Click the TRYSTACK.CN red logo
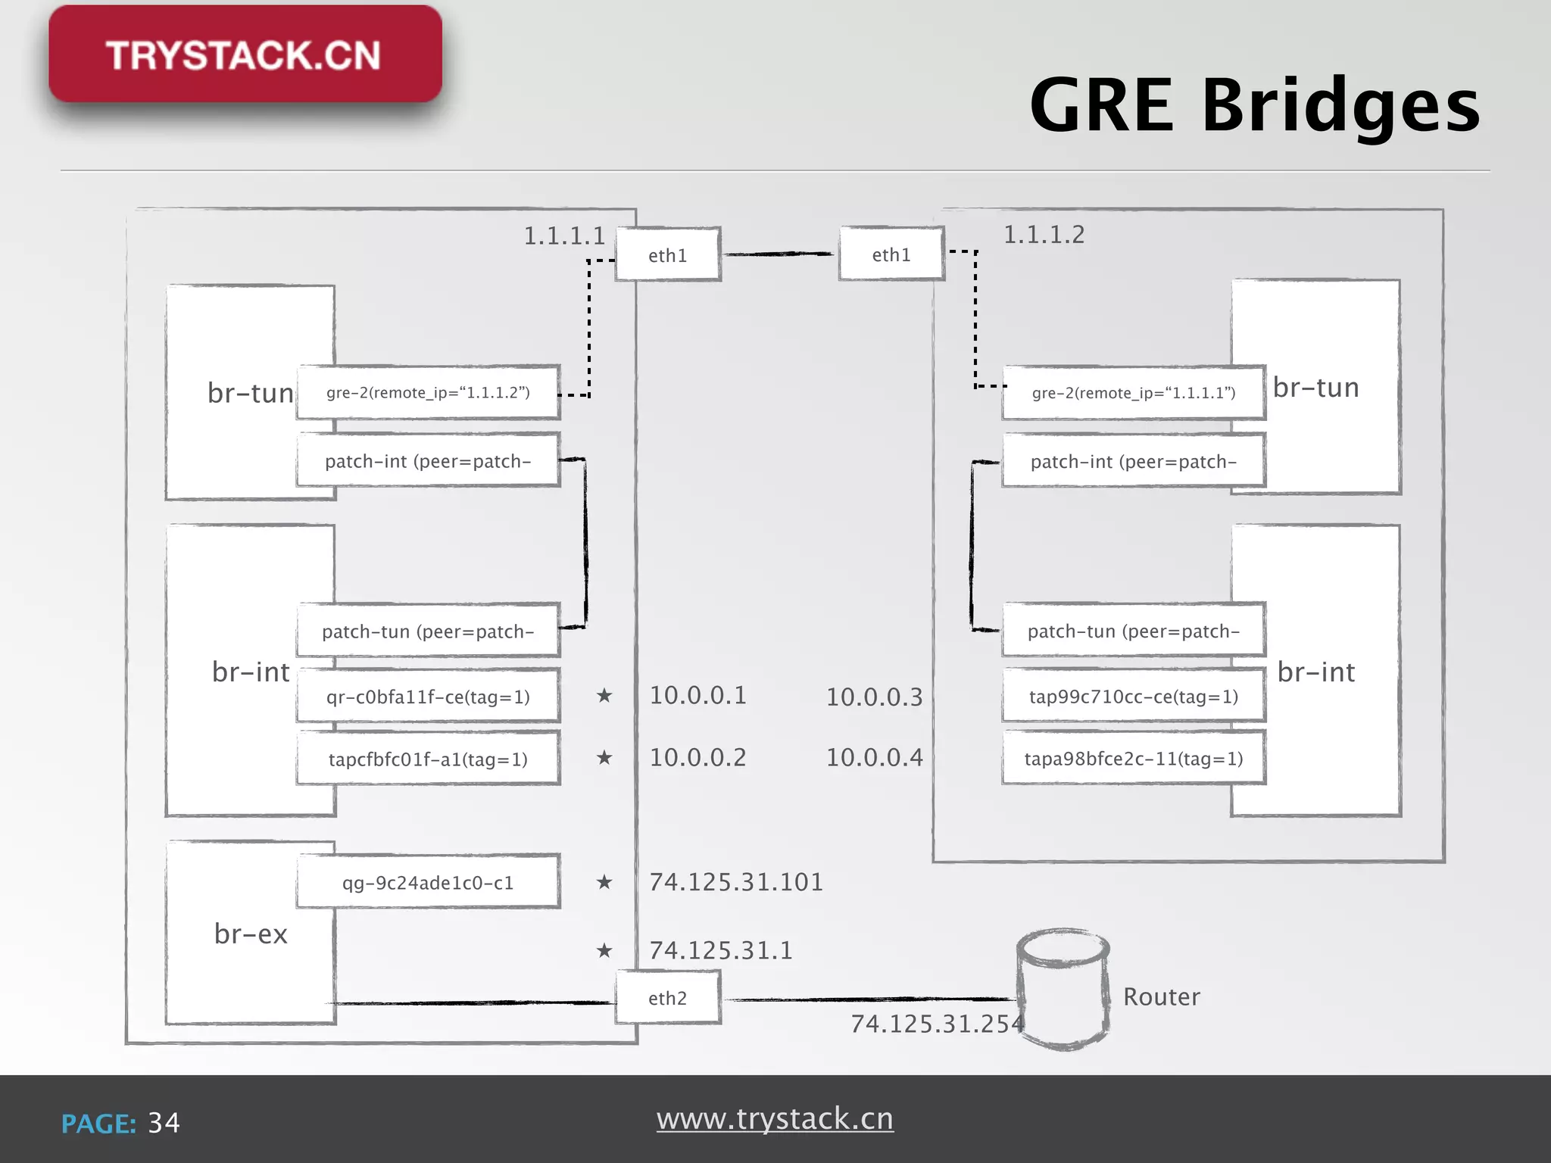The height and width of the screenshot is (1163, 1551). tap(245, 55)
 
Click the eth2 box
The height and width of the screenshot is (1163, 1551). tap(667, 998)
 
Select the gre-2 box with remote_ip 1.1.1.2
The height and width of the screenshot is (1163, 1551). tap(428, 392)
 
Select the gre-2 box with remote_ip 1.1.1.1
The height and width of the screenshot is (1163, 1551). tap(1133, 392)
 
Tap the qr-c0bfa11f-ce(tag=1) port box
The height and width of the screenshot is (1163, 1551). tap(428, 697)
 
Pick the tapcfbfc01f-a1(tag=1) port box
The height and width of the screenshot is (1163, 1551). tap(428, 759)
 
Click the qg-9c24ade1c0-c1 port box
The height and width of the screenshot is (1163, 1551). tap(428, 882)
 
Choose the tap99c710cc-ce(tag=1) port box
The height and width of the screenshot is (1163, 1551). tap(1133, 697)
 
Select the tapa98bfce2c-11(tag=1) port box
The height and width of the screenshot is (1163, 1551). tap(1133, 759)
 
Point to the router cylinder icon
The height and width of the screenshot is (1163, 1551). tap(1063, 988)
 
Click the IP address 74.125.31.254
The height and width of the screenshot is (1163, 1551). tap(937, 1024)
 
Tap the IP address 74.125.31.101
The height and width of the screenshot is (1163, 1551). tap(736, 882)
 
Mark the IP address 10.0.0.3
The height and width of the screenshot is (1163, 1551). tap(874, 697)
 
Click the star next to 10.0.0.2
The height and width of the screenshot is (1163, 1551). tap(604, 757)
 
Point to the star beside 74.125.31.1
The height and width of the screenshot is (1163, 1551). tap(604, 950)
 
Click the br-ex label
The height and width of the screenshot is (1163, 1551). tap(251, 934)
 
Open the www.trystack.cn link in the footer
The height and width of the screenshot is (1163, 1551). tap(775, 1118)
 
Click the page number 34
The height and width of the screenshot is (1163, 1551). tap(164, 1123)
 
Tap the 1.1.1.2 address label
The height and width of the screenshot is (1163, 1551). tap(1044, 235)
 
